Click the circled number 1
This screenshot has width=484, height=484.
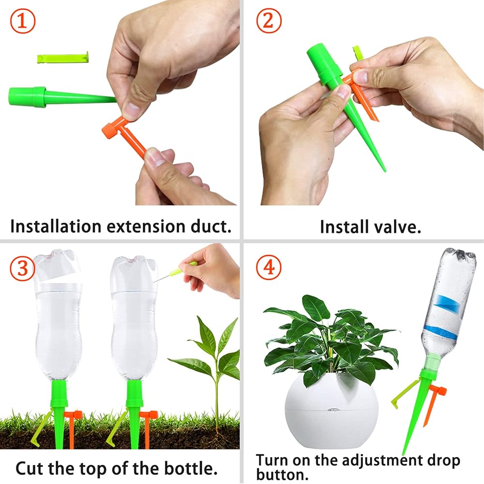[x=23, y=21]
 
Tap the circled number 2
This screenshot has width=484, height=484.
[x=269, y=21]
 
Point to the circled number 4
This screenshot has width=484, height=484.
[x=269, y=267]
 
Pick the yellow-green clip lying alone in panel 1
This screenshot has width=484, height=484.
[x=63, y=58]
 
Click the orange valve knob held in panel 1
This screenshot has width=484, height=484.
[x=109, y=131]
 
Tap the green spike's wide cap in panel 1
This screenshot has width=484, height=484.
[x=27, y=97]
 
